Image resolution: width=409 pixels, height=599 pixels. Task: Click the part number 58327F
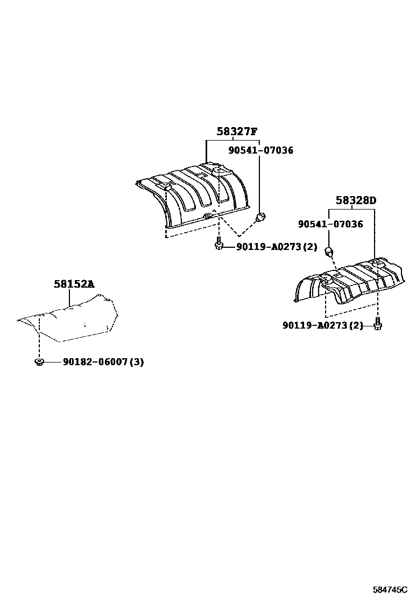[x=237, y=131]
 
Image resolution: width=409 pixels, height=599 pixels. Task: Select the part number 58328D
[x=356, y=201]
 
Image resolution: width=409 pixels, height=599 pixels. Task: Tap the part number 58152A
[x=74, y=283]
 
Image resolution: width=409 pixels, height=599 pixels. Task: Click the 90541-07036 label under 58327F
[x=260, y=150]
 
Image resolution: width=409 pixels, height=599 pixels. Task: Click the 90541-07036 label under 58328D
[x=330, y=224]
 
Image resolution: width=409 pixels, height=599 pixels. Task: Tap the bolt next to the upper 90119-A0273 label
[x=218, y=245]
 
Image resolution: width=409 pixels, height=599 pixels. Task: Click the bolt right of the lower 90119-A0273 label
[x=377, y=324]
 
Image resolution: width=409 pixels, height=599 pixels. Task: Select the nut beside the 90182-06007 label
[x=39, y=361]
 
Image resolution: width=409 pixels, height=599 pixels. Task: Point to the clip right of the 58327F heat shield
[x=260, y=218]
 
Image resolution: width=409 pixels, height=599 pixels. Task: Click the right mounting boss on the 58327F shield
[x=219, y=170]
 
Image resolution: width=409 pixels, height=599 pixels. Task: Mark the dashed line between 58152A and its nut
[x=39, y=339]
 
